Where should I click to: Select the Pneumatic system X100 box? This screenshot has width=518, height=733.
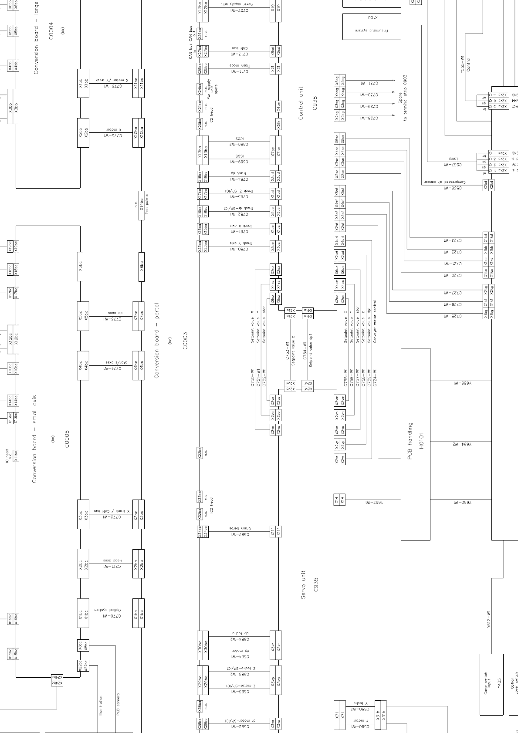coord(372,27)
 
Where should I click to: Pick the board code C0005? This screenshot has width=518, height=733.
coord(67,439)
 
